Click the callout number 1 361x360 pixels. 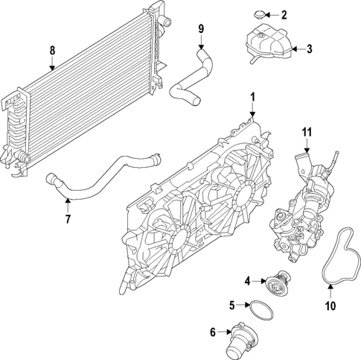tap(252, 97)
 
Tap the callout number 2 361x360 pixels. tap(283, 14)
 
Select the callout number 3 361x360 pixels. tap(310, 49)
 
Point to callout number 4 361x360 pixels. tap(247, 280)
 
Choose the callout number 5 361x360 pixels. tap(231, 305)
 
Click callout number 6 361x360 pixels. tap(213, 331)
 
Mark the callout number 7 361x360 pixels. tap(68, 219)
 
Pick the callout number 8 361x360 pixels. tap(51, 51)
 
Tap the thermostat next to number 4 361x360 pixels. tap(278, 279)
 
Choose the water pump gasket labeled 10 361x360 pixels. tap(344, 257)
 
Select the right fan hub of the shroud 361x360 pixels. tap(244, 195)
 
